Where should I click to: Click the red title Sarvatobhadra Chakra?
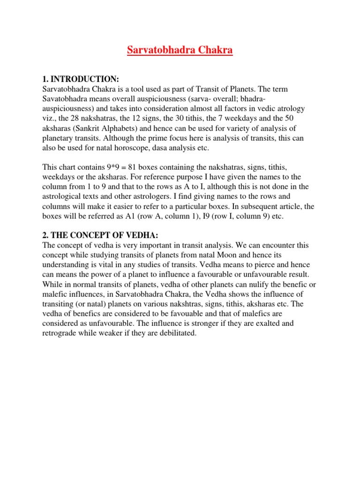(x=180, y=50)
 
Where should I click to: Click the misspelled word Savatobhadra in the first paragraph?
(x=64, y=99)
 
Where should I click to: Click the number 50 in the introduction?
(x=307, y=118)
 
